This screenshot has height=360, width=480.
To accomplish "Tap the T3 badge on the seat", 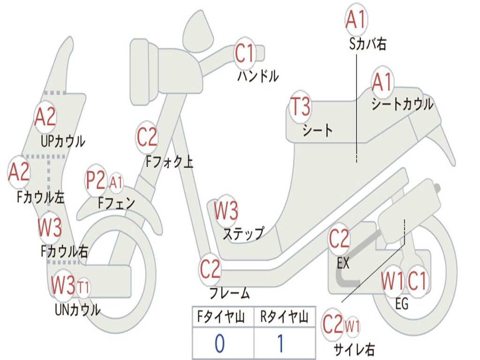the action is pos(300,107).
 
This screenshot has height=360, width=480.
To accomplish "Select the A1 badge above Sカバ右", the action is pos(356,19).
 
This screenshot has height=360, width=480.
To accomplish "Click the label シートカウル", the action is pos(402,104).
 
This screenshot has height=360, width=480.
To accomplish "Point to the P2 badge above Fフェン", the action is pos(96,180).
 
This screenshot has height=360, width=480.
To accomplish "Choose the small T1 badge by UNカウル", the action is pos(83,288).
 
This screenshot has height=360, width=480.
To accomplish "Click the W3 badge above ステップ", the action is pos(226,210).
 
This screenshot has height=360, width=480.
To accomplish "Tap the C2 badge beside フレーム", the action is pos(210,269).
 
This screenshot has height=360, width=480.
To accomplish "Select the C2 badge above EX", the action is pos(339,239).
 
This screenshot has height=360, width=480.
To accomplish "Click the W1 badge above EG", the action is pos(392,281).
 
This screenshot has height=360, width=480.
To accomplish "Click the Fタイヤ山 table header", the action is pos(221,316).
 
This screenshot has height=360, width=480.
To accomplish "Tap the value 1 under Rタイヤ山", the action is pos(280,343).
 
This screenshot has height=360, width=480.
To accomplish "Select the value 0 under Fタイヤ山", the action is pos(220,343).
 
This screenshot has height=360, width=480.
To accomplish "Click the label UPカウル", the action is pos(63,142).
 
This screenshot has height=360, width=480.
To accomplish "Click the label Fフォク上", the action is pos(169,161).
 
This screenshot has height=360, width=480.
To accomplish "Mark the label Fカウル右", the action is pos(65,251).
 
